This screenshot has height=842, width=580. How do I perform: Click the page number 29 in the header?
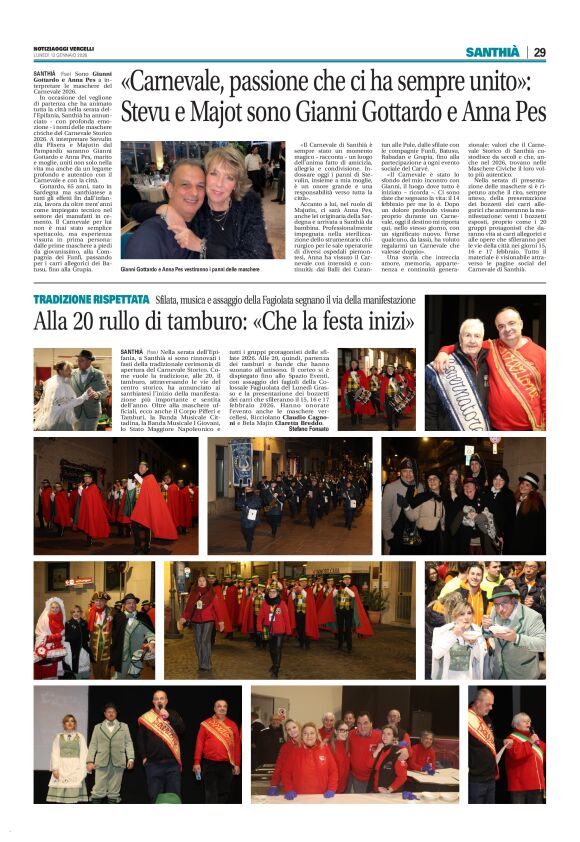(x=539, y=52)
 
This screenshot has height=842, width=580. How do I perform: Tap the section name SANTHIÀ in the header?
(x=493, y=52)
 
